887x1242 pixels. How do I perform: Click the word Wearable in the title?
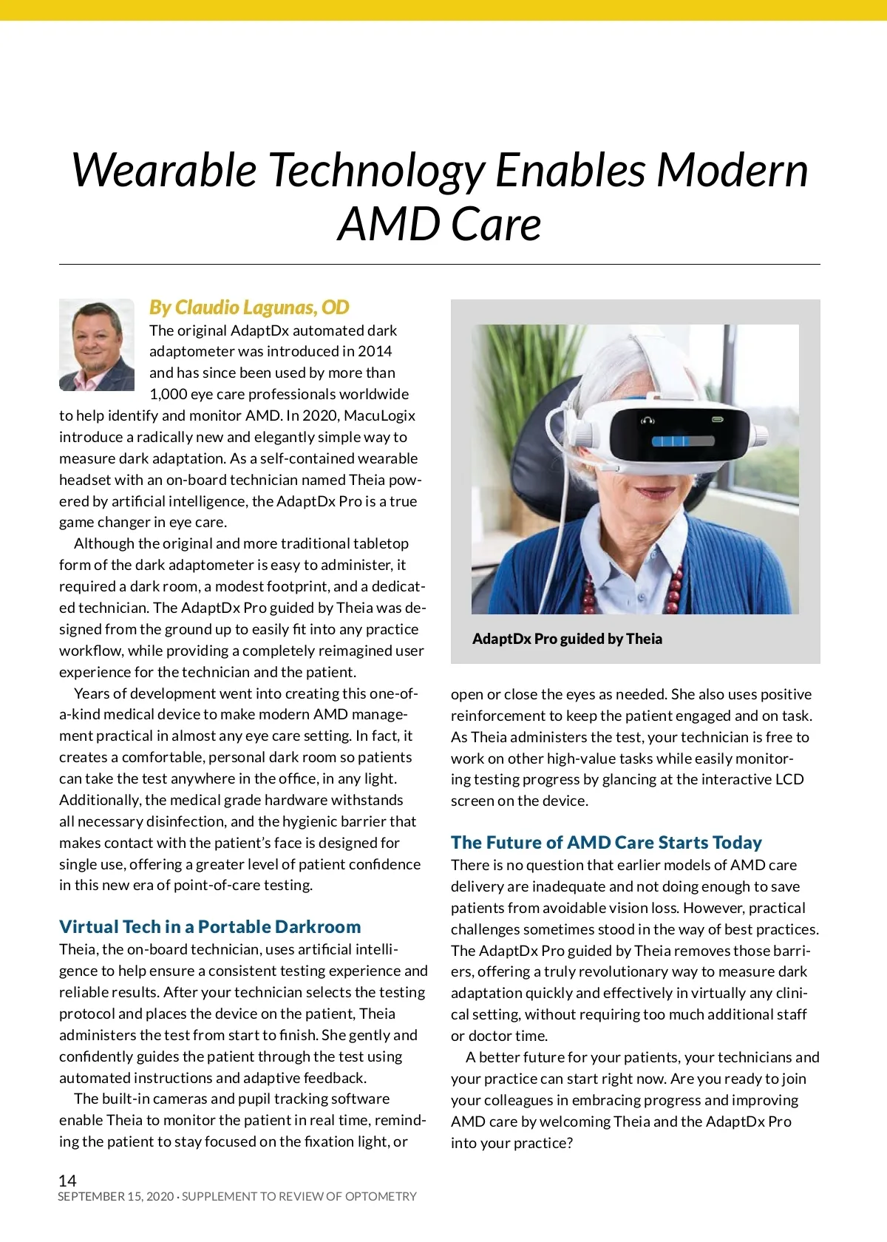point(163,170)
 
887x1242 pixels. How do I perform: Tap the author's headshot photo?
point(96,345)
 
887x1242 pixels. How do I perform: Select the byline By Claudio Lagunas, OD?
point(249,307)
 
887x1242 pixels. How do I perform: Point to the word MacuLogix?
point(380,415)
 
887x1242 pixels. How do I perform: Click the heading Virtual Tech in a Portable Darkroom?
point(210,926)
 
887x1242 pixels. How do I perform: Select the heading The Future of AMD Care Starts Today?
point(606,842)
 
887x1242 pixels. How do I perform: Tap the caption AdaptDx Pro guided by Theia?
point(567,639)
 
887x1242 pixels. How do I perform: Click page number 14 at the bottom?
point(67,1181)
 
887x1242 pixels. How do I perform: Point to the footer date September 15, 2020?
point(116,1197)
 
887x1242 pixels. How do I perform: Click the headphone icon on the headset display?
point(648,421)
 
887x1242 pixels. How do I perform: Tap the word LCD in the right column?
point(789,779)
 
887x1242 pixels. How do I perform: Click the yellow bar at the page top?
point(443,10)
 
